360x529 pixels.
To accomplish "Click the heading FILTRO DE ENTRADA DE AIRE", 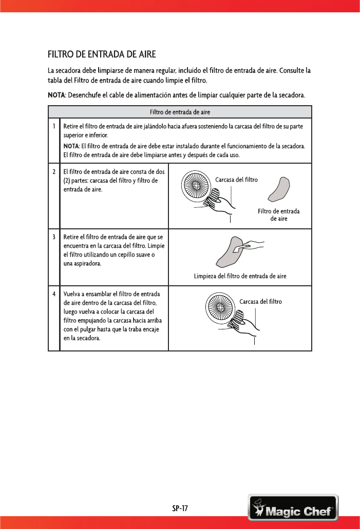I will [x=102, y=54].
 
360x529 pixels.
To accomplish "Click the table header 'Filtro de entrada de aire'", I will [x=180, y=112].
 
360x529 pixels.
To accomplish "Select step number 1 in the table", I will [x=53, y=126].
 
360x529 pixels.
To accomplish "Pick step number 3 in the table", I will [x=53, y=237].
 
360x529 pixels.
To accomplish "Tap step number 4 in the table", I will [x=53, y=294].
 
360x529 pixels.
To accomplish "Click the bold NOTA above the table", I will [x=56, y=95].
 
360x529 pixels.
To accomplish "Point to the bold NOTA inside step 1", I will [x=71, y=146].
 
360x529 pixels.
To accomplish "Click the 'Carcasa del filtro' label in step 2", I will [x=236, y=180].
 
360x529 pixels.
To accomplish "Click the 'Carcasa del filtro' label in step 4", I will [x=260, y=301].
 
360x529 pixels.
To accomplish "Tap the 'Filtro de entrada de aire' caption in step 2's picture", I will [x=278, y=215].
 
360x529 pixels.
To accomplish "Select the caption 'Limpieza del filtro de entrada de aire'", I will [x=240, y=276].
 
